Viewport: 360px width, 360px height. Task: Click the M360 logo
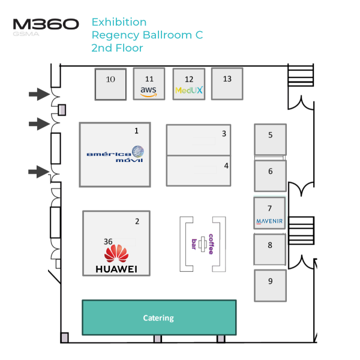[x=46, y=25]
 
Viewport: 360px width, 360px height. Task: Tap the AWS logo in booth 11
[x=148, y=91]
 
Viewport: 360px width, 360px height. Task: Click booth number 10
[x=110, y=79]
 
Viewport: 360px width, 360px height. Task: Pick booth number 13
[x=227, y=79]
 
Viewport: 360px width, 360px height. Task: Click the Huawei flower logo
[x=116, y=253]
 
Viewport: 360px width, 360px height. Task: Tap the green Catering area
[x=158, y=318]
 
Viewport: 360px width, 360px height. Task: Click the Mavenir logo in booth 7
[x=269, y=221]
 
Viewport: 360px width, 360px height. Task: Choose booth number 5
[x=270, y=135]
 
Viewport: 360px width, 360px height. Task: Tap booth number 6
[x=270, y=172]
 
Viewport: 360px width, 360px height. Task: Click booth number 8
[x=270, y=245]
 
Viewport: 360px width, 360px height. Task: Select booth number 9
[x=270, y=281]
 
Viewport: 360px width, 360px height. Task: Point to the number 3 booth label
[x=224, y=134]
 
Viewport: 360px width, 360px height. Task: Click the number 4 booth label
[x=226, y=166]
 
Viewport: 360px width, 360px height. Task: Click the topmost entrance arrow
[x=39, y=94]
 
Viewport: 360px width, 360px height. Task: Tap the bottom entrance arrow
[x=39, y=172]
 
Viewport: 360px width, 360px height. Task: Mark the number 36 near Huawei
[x=108, y=241]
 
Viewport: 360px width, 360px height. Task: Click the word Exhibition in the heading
[x=119, y=22]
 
